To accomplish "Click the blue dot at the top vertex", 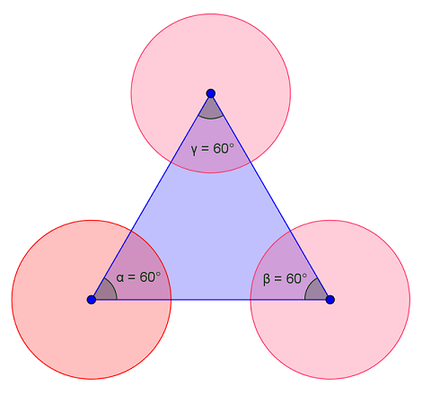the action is pyautogui.click(x=211, y=93).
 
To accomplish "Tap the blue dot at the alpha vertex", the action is pyautogui.click(x=92, y=300).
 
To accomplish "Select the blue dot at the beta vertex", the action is pyautogui.click(x=330, y=300).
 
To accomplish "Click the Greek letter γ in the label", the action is pyautogui.click(x=195, y=149).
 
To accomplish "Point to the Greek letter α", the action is pyautogui.click(x=120, y=277).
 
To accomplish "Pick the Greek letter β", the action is pyautogui.click(x=267, y=279).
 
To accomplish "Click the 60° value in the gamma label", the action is pyautogui.click(x=224, y=148).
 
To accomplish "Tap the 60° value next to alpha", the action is pyautogui.click(x=150, y=276).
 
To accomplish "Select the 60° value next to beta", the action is pyautogui.click(x=296, y=278).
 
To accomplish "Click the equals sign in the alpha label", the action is pyautogui.click(x=132, y=277).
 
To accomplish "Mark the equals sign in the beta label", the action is pyautogui.click(x=278, y=279).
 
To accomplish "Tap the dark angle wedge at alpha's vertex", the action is pyautogui.click(x=106, y=291).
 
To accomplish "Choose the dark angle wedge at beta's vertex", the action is pyautogui.click(x=315, y=291).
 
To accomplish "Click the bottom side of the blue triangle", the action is pyautogui.click(x=211, y=300).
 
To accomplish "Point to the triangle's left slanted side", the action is pyautogui.click(x=151, y=197).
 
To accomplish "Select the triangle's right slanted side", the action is pyautogui.click(x=270, y=197).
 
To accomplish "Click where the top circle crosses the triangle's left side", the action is pyautogui.click(x=171, y=162).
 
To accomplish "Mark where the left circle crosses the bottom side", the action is pyautogui.click(x=171, y=300).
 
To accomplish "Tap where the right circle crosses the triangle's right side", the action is pyautogui.click(x=290, y=231).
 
